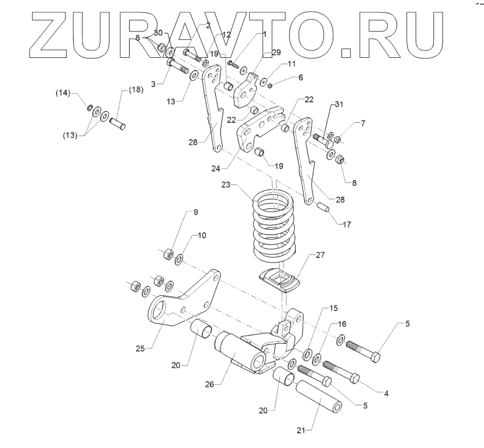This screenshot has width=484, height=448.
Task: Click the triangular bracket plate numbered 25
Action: click(182, 298)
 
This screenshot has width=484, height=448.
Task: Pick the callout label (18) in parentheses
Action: click(135, 90)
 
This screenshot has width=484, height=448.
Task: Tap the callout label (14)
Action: click(79, 92)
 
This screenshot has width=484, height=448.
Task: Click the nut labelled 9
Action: click(167, 254)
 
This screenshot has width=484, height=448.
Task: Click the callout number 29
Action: click(276, 52)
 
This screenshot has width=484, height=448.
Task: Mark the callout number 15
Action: click(333, 308)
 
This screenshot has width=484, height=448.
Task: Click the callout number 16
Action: click(342, 323)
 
